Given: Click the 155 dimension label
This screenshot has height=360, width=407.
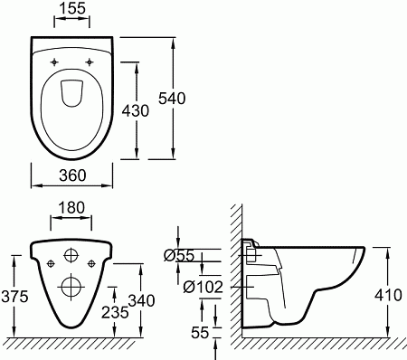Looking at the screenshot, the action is click(72, 8).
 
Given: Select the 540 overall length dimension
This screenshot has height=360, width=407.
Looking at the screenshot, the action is click(172, 99).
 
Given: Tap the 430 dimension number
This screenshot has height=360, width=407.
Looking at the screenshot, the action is click(136, 110).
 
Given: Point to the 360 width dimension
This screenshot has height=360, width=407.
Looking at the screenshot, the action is click(72, 175).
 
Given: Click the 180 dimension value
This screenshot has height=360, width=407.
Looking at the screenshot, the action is click(71, 208).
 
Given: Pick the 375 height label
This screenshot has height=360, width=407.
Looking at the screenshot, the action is click(14, 297).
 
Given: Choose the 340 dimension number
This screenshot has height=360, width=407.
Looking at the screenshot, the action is click(142, 300).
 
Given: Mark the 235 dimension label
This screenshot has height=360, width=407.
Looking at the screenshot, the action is click(115, 312).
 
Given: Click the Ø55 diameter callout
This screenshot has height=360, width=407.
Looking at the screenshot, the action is click(179, 256).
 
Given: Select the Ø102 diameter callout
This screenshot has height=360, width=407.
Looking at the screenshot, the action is click(203, 287).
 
